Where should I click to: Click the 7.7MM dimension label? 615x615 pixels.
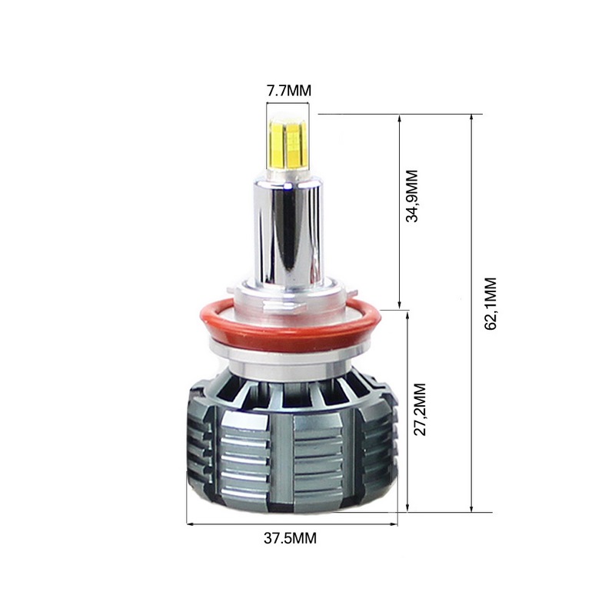pos(288,91)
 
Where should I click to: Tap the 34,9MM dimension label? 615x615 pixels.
pos(413,196)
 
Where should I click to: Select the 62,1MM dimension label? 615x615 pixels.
pos(490,304)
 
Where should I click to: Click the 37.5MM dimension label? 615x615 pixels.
pos(288,538)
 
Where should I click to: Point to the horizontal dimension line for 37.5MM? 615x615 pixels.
pos(292,525)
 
